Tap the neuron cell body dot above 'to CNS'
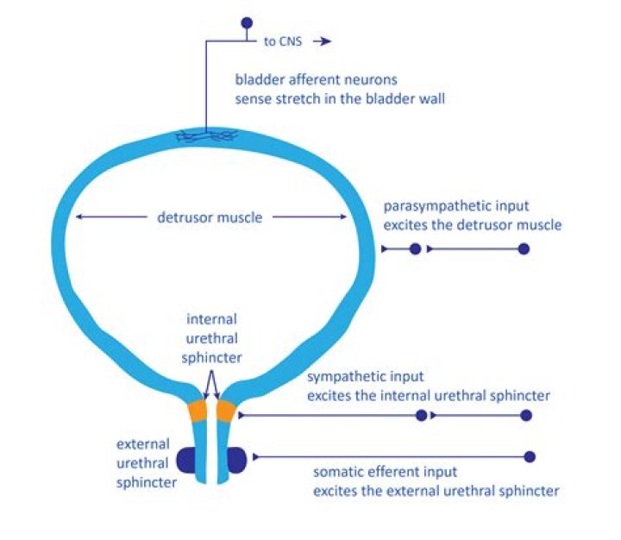click(x=247, y=22)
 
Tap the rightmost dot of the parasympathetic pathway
click(x=523, y=249)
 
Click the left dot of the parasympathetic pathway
click(x=416, y=249)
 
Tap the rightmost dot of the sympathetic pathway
click(x=526, y=415)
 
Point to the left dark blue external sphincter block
click(x=187, y=461)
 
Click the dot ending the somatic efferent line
click(x=530, y=456)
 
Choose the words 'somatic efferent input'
click(x=385, y=473)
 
